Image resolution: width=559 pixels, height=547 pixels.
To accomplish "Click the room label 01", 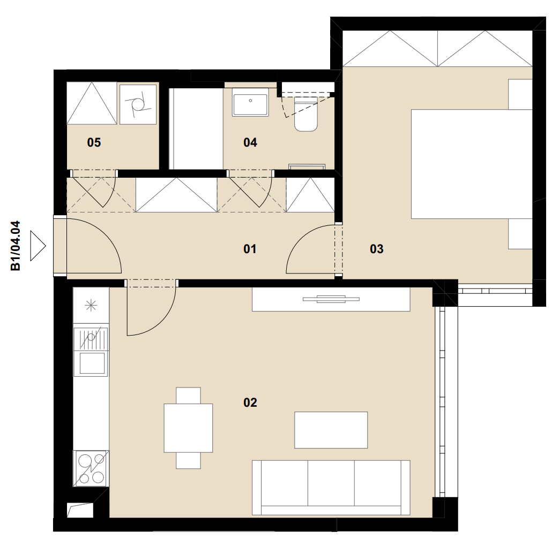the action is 250,248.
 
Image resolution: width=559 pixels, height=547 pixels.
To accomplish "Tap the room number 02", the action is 250,402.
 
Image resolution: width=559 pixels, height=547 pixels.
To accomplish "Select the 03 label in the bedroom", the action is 376,248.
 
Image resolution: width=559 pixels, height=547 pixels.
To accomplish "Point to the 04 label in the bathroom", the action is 250,142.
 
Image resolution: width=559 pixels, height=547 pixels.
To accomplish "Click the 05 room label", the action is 94,142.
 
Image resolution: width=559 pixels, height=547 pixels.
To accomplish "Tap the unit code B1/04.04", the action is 16,246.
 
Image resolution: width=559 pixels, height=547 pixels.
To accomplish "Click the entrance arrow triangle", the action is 38,246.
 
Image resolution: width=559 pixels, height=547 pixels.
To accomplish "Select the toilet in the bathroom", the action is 305,116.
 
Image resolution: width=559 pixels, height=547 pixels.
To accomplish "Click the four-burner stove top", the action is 91,469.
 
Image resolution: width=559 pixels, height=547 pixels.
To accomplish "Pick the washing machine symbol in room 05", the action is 138,104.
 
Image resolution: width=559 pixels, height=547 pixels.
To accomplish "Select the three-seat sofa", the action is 331,488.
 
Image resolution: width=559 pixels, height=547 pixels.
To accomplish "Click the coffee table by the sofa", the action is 331,430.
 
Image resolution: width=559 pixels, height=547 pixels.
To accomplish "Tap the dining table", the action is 188,428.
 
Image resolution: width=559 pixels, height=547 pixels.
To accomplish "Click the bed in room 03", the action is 472,164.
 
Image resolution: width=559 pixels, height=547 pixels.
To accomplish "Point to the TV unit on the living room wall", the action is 331,299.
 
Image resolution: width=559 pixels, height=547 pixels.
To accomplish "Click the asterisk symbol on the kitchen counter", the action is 91,305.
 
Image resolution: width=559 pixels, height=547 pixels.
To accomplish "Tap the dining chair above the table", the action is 188,396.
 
